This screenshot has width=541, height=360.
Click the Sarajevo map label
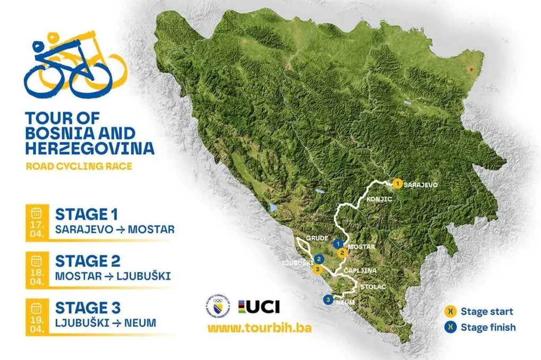pos(420,185)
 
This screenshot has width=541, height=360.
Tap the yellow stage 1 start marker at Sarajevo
pos(397,184)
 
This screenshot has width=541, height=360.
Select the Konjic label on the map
pos(379,199)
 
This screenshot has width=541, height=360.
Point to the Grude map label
pos(317,239)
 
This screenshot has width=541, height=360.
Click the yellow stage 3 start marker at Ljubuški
pos(318,269)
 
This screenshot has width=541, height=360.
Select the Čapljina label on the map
pos(360,271)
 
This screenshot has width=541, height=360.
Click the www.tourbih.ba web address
pos(259,327)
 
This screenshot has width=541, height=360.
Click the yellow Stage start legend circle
pos(451,312)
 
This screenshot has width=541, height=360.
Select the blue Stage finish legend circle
pos(451,327)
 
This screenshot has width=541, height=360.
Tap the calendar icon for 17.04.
pos(37,213)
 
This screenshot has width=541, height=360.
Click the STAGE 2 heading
pos(88,261)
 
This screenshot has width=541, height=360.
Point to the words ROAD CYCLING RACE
pos(79,166)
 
